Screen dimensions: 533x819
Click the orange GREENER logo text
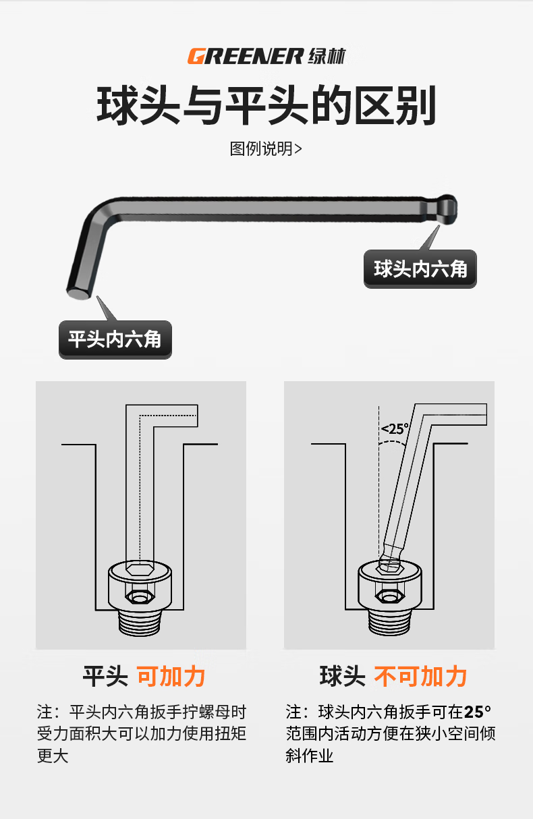(x=246, y=57)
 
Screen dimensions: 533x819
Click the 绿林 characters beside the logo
(x=327, y=57)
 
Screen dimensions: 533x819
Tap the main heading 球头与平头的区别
(x=266, y=105)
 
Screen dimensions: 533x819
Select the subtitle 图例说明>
(x=266, y=149)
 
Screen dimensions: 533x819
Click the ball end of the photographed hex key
(x=447, y=210)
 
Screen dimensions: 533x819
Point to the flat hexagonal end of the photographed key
(x=78, y=293)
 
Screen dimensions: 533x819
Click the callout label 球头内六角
(x=420, y=269)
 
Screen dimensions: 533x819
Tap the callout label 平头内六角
(x=115, y=339)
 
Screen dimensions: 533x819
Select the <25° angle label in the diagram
(x=395, y=428)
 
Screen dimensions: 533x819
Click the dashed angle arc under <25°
(x=392, y=443)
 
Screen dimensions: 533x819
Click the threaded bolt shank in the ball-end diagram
(x=389, y=623)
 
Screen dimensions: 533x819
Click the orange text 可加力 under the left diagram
(x=171, y=677)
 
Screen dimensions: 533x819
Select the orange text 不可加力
(x=420, y=677)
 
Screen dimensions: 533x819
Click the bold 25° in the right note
(x=478, y=712)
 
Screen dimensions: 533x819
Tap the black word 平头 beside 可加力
(x=105, y=677)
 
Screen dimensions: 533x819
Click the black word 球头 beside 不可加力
(x=343, y=677)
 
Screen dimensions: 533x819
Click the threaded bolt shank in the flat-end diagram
(x=140, y=623)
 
